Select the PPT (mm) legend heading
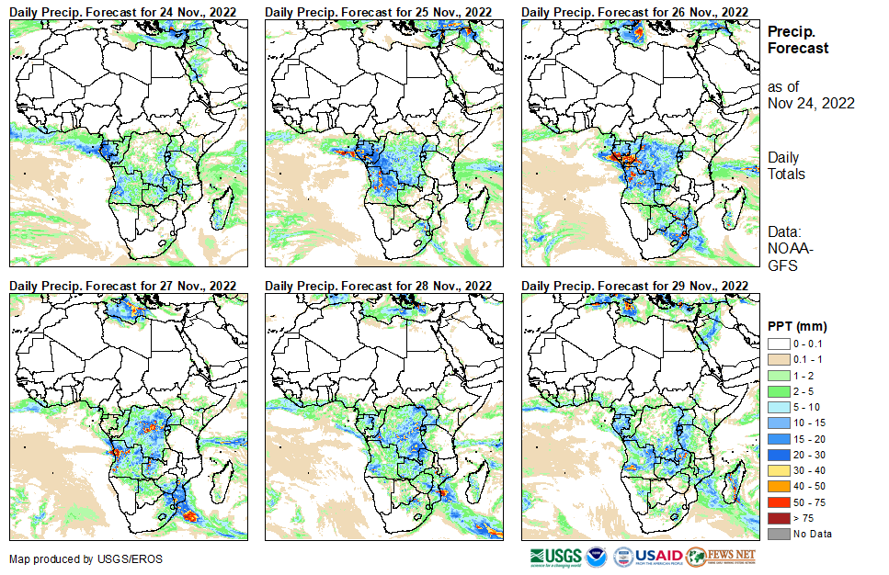pyautogui.click(x=798, y=326)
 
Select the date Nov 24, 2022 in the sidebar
pyautogui.click(x=811, y=103)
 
